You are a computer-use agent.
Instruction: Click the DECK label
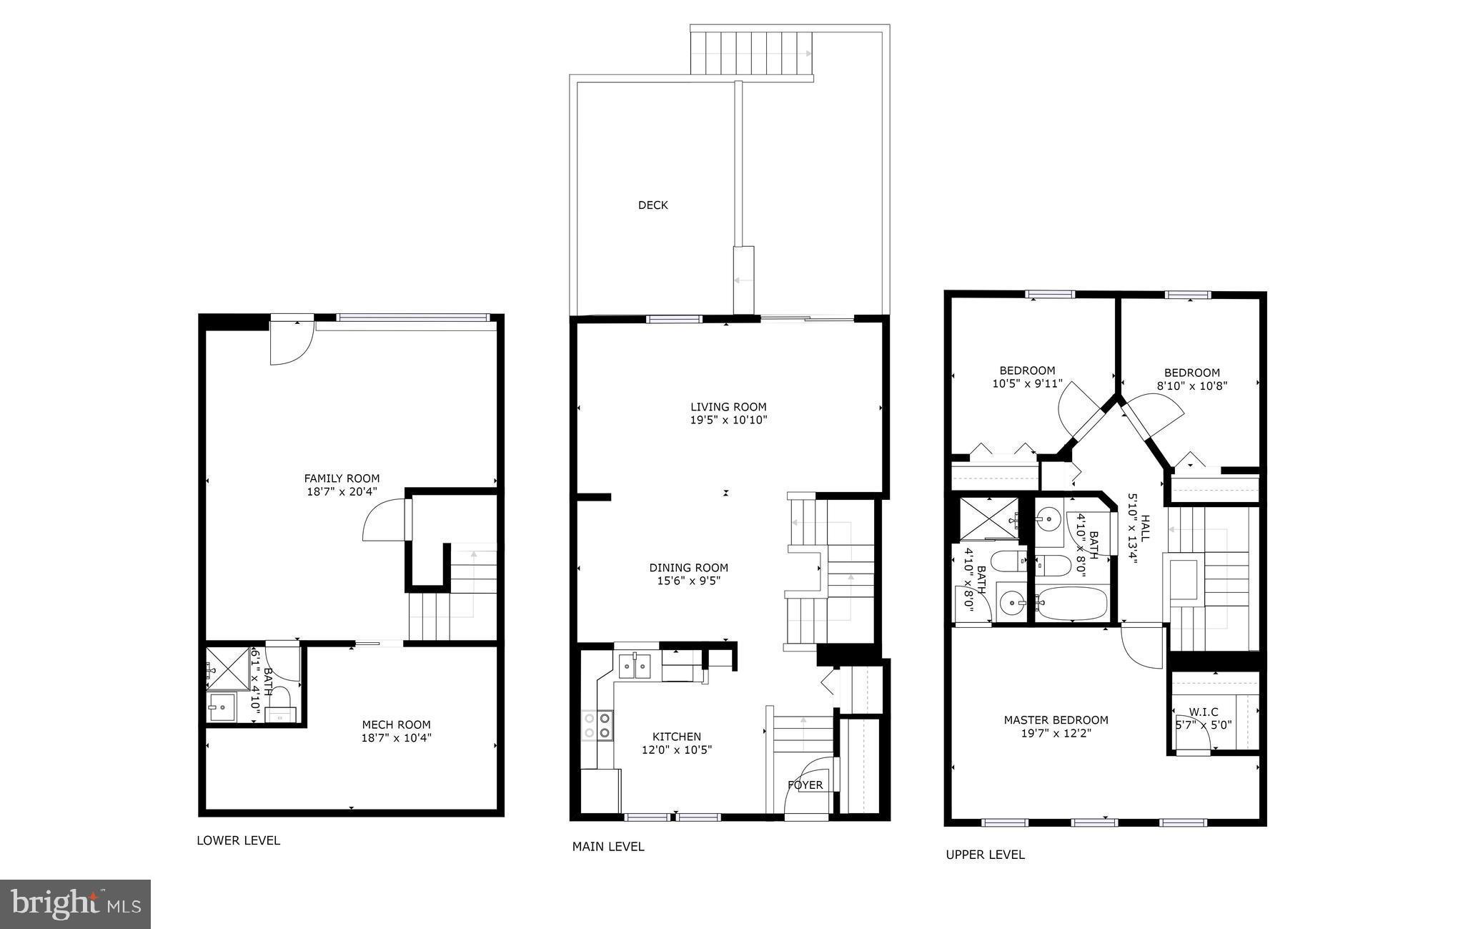653,205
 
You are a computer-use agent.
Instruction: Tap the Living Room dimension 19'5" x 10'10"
728,421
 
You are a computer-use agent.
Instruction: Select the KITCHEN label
676,737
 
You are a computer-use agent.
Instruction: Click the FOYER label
805,785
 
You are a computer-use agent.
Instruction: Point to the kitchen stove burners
597,724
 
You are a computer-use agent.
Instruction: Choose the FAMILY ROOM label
342,478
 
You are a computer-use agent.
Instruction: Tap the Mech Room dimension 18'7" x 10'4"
396,738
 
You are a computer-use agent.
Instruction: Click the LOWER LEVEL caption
238,841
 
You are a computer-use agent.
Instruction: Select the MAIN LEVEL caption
607,847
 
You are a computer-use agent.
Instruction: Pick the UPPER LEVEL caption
985,855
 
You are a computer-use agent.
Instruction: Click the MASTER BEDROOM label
1056,720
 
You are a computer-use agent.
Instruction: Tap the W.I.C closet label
1204,712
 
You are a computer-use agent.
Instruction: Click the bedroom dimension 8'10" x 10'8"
1192,385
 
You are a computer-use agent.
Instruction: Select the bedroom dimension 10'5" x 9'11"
1027,383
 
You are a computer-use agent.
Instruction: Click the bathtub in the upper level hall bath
1071,604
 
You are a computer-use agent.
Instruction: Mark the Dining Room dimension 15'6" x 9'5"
688,581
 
